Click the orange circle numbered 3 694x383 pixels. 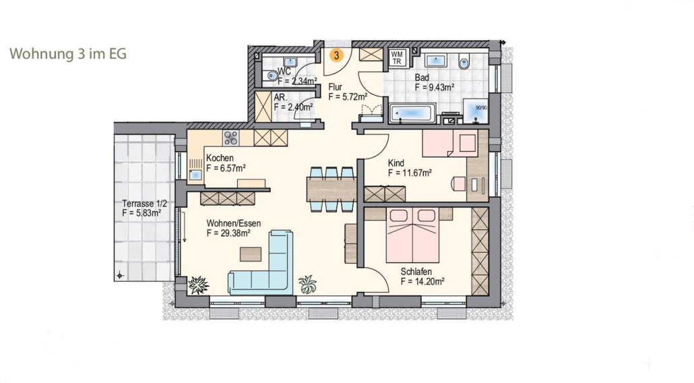337,55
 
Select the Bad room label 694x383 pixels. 422,78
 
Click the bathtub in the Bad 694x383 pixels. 412,113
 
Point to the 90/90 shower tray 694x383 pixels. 476,111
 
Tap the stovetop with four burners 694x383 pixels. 230,138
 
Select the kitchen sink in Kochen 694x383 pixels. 195,175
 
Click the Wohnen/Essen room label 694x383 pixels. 234,223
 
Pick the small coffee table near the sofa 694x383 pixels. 251,254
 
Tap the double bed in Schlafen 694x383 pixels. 412,235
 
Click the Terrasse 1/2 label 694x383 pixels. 145,204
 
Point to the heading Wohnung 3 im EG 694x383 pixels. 68,53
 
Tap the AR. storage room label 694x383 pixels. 280,97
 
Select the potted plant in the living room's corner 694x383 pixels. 198,285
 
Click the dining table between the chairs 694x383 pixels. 332,189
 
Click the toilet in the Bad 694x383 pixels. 464,61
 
